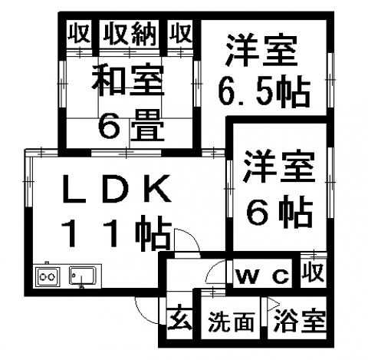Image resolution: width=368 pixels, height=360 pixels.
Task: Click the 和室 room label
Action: tap(128, 81)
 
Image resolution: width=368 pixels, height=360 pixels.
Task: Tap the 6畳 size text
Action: tap(131, 125)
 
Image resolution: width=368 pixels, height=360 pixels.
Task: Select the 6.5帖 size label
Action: tap(264, 91)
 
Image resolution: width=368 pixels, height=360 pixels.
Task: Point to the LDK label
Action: tap(117, 188)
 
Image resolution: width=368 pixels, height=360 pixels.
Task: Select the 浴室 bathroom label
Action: tap(300, 321)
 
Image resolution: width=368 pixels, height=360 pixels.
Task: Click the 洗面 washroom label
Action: tap(232, 322)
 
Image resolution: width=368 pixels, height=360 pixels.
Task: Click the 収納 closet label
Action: tap(130, 34)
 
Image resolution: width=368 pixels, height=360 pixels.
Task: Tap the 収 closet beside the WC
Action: tap(314, 272)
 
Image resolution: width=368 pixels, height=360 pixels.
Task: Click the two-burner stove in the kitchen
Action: tap(48, 276)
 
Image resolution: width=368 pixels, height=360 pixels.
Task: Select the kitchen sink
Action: tap(82, 276)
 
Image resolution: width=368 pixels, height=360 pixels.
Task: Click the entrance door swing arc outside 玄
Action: tap(143, 315)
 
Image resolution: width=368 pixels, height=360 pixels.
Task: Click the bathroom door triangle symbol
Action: tap(273, 305)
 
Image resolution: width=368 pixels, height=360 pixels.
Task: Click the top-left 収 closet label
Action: tap(79, 33)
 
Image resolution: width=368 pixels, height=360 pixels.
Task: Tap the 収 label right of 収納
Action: tap(180, 33)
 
